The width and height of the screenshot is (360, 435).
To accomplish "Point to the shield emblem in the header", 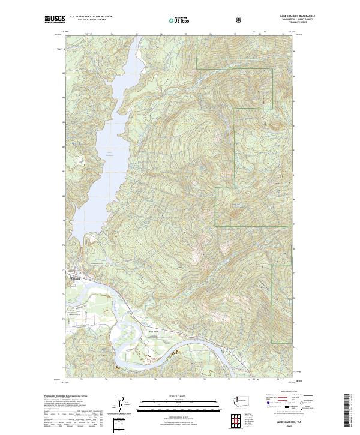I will [239, 20].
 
